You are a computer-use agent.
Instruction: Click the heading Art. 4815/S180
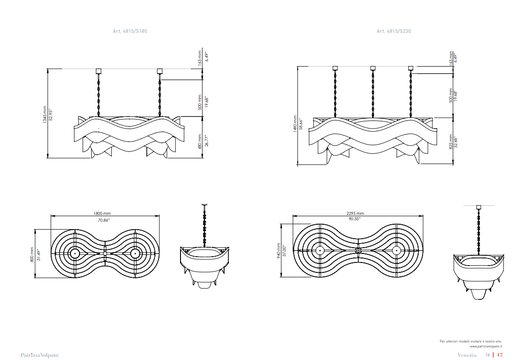pyautogui.click(x=130, y=31)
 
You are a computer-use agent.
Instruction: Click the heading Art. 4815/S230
pyautogui.click(x=394, y=31)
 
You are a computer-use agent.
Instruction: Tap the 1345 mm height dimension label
pyautogui.click(x=45, y=115)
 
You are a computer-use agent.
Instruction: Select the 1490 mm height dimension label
pyautogui.click(x=295, y=124)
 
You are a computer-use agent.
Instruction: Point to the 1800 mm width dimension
pyautogui.click(x=102, y=213)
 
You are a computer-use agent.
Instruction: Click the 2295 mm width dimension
pyautogui.click(x=355, y=213)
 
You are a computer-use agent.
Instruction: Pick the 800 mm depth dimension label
pyautogui.click(x=32, y=254)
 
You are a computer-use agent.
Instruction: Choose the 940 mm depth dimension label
pyautogui.click(x=278, y=250)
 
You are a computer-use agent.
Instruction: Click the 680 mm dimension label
pyautogui.click(x=200, y=142)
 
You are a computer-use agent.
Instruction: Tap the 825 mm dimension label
pyautogui.click(x=451, y=142)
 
